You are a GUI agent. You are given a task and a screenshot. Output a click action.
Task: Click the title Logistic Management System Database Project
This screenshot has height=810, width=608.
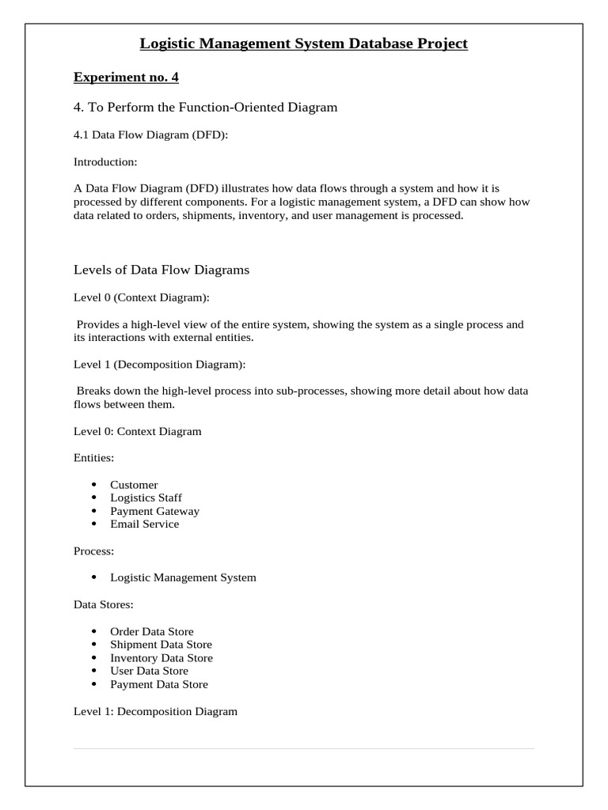(303, 44)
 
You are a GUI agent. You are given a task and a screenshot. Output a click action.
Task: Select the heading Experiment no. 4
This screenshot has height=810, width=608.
(126, 77)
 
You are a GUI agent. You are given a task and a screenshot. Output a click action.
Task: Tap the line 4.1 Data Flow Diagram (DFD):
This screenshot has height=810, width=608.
(150, 134)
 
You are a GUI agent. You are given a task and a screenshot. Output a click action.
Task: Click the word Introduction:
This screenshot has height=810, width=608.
(105, 162)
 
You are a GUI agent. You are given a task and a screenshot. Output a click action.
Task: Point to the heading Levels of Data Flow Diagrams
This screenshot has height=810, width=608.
(161, 270)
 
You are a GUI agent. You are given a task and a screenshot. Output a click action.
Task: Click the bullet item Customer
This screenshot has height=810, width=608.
(134, 484)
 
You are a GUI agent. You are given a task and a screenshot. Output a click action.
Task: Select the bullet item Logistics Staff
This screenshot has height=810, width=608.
(146, 498)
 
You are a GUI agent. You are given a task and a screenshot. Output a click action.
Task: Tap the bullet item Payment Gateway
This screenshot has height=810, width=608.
(154, 511)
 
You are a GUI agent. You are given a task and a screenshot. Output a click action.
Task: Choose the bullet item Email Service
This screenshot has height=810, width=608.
(144, 524)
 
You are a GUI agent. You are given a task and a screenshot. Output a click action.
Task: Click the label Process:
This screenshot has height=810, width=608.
(93, 551)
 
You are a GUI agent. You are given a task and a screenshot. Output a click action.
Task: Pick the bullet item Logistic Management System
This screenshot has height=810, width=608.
(183, 577)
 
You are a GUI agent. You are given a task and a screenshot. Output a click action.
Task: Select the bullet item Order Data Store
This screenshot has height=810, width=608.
(151, 631)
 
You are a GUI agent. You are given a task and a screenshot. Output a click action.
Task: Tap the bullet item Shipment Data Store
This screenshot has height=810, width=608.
(161, 645)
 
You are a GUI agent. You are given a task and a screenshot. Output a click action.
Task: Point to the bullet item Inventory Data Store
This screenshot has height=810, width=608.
(161, 658)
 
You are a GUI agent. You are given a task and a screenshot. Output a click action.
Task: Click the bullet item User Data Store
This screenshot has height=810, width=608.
(149, 671)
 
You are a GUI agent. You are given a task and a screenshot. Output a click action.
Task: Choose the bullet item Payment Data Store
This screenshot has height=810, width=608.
(159, 684)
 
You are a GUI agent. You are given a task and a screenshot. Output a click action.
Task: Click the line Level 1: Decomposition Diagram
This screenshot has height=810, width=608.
(155, 711)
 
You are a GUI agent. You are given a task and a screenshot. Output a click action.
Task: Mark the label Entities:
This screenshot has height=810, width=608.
(93, 458)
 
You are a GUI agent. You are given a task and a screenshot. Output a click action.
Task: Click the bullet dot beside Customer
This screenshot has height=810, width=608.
(93, 484)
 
